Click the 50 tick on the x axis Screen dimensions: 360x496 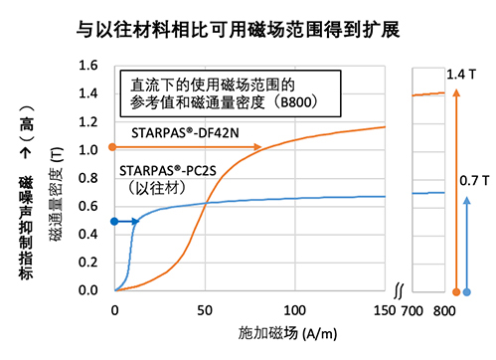tap(206, 309)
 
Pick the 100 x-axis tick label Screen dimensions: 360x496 tap(294, 309)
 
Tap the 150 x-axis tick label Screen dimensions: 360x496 tap(384, 309)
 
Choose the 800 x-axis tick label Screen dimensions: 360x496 tap(446, 309)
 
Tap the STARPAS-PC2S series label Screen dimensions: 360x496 tap(171, 170)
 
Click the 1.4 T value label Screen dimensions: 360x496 tap(463, 75)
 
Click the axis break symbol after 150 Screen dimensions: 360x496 tap(398, 291)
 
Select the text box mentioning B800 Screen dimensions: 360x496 tap(229, 91)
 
